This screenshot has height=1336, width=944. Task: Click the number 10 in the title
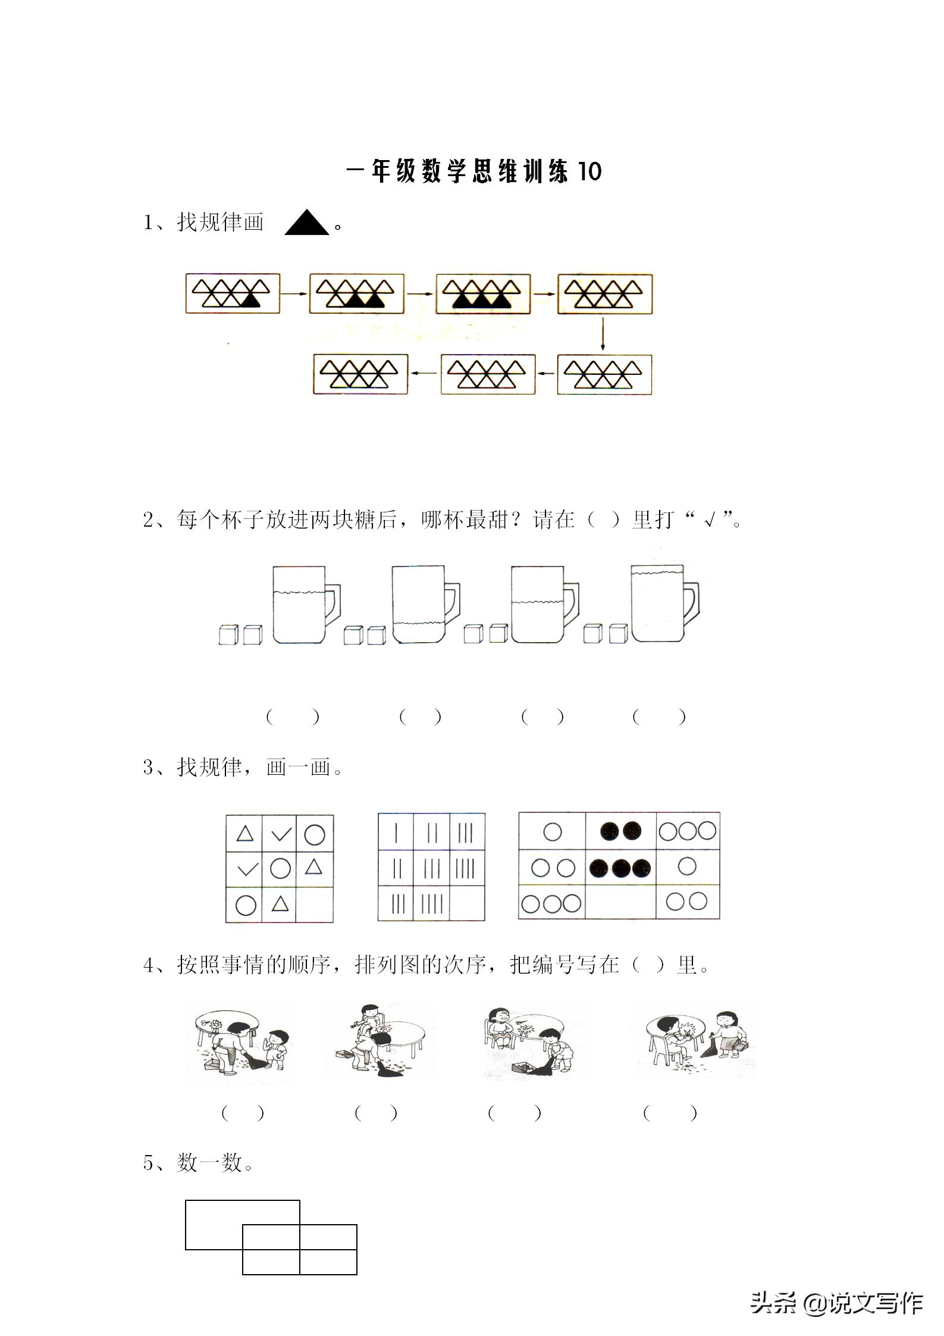(x=589, y=171)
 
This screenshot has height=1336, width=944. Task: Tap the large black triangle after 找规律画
(x=306, y=224)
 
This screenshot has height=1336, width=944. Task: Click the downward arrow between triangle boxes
(x=603, y=334)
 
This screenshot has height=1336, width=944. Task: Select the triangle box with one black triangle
(x=233, y=293)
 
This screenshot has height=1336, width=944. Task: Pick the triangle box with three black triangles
(x=483, y=293)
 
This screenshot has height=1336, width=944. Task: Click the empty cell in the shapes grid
(x=314, y=904)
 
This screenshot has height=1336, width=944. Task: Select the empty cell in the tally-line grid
(x=467, y=904)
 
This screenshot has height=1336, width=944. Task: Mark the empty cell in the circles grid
(x=620, y=902)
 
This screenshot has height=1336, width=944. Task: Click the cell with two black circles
(x=620, y=831)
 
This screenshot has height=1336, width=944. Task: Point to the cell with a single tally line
(x=396, y=832)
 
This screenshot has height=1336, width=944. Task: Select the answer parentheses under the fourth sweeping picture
(x=670, y=1112)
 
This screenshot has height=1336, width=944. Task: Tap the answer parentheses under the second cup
(x=421, y=717)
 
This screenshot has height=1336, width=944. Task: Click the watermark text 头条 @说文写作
(x=836, y=1303)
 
